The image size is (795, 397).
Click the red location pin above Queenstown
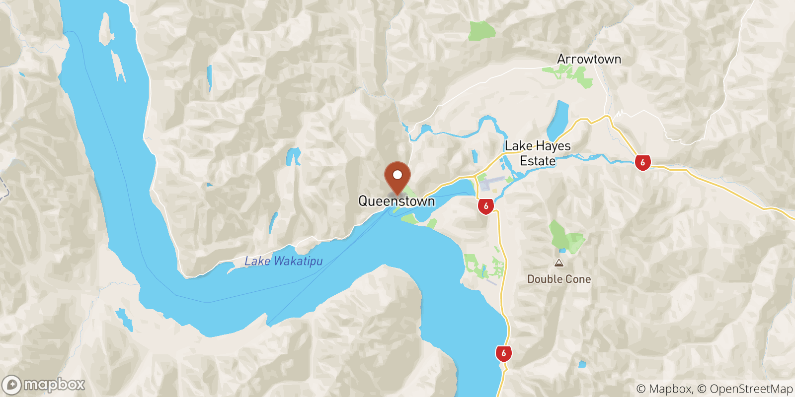click(397, 177)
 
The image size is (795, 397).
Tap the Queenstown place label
click(397, 201)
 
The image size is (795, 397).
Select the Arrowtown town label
click(589, 59)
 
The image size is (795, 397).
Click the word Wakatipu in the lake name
click(298, 261)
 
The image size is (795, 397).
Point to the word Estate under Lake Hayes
click(538, 161)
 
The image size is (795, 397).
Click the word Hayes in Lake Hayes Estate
click(554, 146)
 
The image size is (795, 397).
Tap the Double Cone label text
click(559, 279)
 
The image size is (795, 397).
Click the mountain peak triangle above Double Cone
click(559, 264)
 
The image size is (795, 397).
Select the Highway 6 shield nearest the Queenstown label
click(486, 206)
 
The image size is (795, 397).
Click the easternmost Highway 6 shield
click(642, 162)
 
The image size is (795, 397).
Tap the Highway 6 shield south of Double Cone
click(503, 353)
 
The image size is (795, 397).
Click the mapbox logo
click(44, 385)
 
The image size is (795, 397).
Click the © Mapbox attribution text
click(664, 389)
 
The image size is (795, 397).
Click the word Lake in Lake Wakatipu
click(257, 261)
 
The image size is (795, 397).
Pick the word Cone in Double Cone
click(578, 279)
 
